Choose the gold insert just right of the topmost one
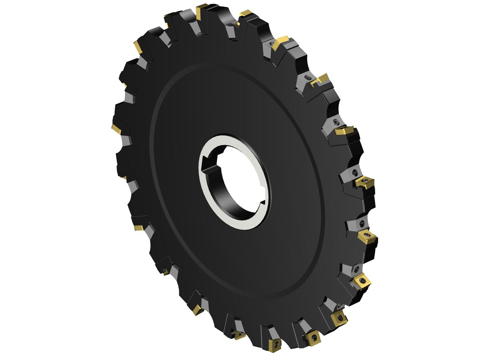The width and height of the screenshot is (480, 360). (245, 14)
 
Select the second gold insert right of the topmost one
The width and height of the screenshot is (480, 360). (282, 41)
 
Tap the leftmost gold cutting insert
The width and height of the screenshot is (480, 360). (116, 129)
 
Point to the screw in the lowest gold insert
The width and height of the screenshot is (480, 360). (275, 345)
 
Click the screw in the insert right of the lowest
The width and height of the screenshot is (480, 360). (312, 337)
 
